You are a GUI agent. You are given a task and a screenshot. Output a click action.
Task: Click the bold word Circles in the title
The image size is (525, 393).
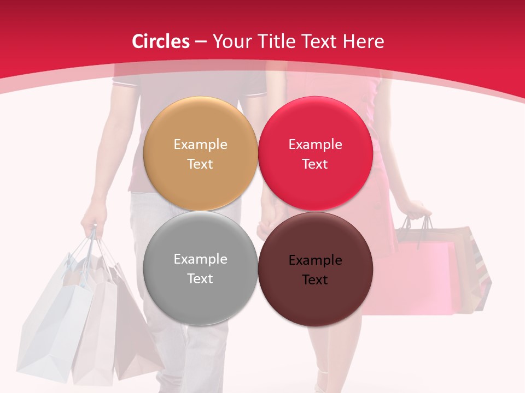tap(161, 41)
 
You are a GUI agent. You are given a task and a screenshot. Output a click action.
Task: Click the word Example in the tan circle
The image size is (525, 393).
tap(200, 145)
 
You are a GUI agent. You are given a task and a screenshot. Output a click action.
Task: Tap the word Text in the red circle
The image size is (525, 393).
tap(315, 164)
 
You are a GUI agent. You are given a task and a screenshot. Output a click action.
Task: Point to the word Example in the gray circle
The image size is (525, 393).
tap(200, 259)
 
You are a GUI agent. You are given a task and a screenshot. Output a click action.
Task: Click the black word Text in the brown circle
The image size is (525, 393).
tap(315, 280)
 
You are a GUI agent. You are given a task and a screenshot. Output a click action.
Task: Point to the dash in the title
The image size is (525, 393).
tap(201, 41)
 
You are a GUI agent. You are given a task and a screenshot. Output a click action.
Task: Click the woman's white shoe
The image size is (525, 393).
tap(323, 382)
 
